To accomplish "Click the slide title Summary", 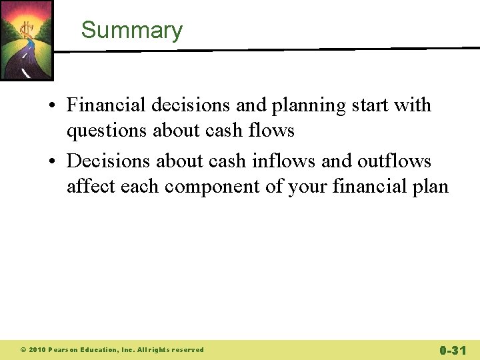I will coord(131,31).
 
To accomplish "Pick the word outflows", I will coord(394,161).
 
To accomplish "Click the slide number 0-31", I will coord(453,350).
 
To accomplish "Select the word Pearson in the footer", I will coord(65,350).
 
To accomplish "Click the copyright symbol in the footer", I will coord(22,350).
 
